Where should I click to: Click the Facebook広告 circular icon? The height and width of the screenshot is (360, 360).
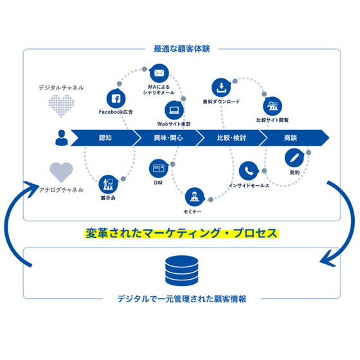click(116, 99)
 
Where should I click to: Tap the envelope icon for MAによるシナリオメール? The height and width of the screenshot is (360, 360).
click(159, 72)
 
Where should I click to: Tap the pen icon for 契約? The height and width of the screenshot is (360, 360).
click(292, 157)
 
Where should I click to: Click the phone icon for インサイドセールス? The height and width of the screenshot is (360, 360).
click(248, 171)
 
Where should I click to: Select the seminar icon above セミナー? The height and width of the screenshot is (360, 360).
click(192, 197)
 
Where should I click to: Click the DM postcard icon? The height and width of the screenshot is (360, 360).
click(157, 168)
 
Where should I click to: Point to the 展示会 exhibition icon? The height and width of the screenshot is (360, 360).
click(107, 184)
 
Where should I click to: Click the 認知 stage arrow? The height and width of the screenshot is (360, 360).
click(105, 138)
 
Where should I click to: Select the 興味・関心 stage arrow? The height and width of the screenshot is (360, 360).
click(168, 138)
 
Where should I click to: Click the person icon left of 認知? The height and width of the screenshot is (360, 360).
click(60, 137)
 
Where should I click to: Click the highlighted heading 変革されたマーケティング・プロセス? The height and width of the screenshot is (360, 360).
click(182, 233)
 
